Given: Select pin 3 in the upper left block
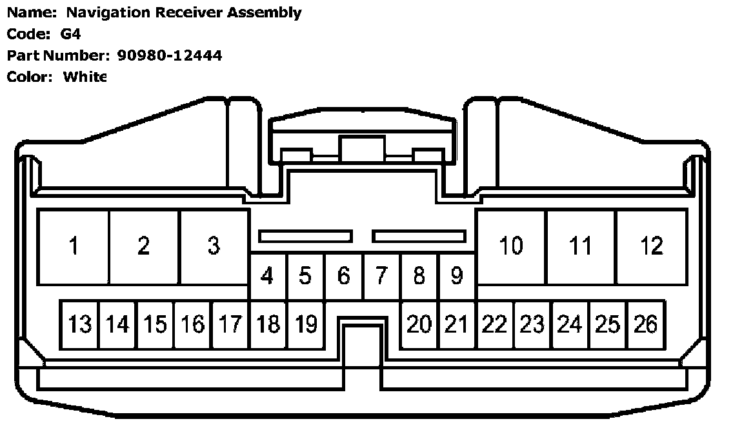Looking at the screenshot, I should point(214,246).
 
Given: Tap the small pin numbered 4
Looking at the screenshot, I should point(267,276).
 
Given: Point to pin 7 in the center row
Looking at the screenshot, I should point(381,276).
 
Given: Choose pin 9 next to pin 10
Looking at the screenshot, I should point(457,276).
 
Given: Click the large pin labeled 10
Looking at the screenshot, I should point(511,246).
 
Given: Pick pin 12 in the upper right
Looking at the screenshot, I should point(652,246).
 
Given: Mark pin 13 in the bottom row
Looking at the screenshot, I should point(79,324).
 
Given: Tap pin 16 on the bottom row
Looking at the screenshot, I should point(192,324).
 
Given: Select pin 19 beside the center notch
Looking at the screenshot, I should point(305,324).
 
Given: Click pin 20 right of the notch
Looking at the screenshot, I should point(419,324).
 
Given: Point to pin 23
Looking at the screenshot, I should point(532,324).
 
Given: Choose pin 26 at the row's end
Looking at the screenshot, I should point(645,324).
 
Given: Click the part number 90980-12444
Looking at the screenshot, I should point(170,55).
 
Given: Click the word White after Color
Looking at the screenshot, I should point(84,77).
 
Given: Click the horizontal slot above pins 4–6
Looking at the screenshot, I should point(305,237).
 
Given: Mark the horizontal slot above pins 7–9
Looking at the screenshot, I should point(419,237).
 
